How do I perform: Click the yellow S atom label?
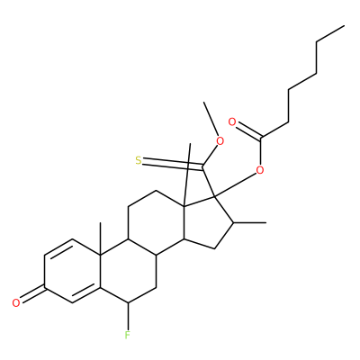click(138, 161)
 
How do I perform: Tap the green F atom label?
click(128, 335)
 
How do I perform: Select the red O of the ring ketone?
click(16, 302)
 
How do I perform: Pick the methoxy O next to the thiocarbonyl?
click(220, 141)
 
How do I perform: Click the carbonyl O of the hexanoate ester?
click(232, 122)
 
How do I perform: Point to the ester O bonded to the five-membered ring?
click(260, 170)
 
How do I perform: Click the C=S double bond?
click(173, 164)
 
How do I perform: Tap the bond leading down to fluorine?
click(128, 316)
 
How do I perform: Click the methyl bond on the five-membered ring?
click(250, 223)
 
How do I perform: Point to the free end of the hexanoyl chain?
click(344, 26)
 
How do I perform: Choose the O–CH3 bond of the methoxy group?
click(211, 119)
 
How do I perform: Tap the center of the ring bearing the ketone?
click(72, 271)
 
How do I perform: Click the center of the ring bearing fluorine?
click(128, 271)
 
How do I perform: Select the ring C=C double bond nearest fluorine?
click(85, 295)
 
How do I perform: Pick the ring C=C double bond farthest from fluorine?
click(58, 247)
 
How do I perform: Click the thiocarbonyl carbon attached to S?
click(203, 166)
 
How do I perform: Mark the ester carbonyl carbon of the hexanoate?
click(261, 139)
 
